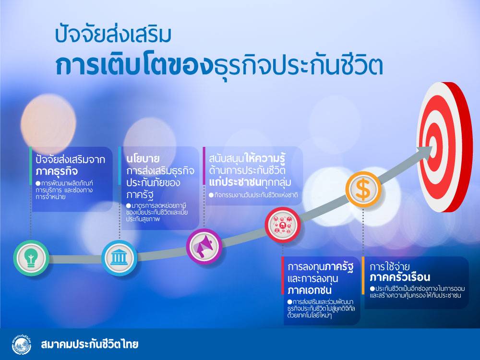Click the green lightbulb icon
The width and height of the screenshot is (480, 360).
[x=31, y=258]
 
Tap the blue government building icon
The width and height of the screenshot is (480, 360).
[x=119, y=258]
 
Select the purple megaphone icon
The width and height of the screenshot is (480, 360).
[x=204, y=246]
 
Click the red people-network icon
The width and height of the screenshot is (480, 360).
[x=283, y=225]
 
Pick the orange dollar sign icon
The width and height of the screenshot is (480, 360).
[x=363, y=190]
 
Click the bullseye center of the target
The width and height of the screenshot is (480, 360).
[x=433, y=146]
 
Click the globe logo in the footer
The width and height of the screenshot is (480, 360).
[x=22, y=344]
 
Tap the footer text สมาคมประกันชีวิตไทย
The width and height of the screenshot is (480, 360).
[x=89, y=344]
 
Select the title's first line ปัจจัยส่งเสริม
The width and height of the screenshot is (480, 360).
[x=113, y=34]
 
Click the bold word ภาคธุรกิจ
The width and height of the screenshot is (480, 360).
[x=57, y=171]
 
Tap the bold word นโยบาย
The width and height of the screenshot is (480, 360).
[x=143, y=158]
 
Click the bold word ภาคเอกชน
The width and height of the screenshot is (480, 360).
[x=310, y=290]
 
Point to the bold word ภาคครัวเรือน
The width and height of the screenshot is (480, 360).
[x=400, y=277]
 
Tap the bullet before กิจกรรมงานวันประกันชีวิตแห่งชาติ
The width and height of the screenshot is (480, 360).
[x=211, y=195]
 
